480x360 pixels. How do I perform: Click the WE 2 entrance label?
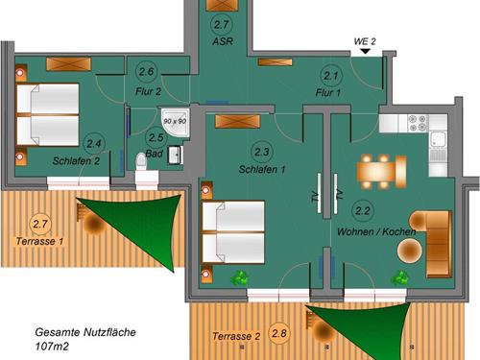tap(365, 41)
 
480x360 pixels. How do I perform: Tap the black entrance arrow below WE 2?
tap(365, 51)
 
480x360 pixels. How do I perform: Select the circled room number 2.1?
tap(331, 76)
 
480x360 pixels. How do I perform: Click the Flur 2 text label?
tap(148, 92)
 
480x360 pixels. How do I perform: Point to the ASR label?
tap(223, 41)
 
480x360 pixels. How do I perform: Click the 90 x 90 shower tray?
tap(176, 121)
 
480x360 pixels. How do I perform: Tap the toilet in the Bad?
tap(141, 161)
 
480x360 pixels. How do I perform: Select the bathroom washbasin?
tap(176, 155)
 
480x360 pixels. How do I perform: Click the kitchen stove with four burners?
tap(418, 123)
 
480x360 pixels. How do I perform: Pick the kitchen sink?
tap(438, 141)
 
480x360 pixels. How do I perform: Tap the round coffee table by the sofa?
tap(410, 252)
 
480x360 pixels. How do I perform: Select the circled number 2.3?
tap(262, 152)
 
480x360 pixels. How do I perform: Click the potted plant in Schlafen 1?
tap(240, 277)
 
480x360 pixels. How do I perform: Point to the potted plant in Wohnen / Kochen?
tap(400, 277)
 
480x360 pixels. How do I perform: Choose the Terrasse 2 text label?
tap(236, 337)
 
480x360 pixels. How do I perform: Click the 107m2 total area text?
tap(52, 347)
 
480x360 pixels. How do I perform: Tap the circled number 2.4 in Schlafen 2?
tap(93, 144)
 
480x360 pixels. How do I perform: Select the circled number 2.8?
tap(279, 334)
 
